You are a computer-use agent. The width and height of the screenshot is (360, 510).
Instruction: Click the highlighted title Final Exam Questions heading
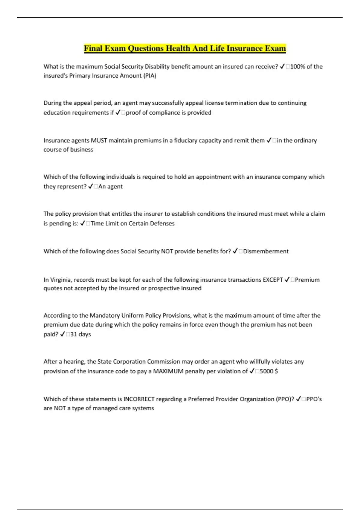[185, 48]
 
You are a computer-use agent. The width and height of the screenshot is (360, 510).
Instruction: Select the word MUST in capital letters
[99, 140]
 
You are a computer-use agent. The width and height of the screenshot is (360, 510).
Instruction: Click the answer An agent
[110, 187]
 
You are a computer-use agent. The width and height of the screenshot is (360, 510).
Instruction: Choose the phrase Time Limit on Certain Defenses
[132, 223]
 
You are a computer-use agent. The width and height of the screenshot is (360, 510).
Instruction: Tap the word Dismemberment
[266, 251]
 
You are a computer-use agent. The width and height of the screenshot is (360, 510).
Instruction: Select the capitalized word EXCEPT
[272, 280]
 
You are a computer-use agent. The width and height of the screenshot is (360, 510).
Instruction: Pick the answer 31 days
[80, 334]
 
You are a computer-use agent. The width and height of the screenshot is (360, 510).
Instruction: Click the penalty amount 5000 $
[269, 371]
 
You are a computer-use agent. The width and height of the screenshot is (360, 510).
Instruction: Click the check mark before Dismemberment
[235, 251]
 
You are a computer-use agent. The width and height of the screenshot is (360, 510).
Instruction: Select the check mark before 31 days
[62, 334]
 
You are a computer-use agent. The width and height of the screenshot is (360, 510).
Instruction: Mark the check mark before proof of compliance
[118, 112]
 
